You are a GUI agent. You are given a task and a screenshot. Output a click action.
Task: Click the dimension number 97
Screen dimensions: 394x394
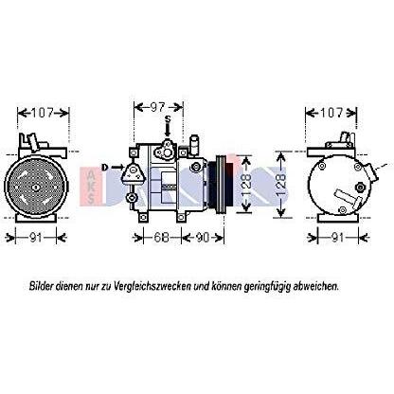(x=157, y=107)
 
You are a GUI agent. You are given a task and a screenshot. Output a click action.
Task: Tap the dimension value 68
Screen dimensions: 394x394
(x=161, y=238)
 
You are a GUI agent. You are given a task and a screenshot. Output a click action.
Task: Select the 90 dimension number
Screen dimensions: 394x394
(x=202, y=238)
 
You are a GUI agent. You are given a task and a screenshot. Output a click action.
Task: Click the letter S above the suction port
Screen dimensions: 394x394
(x=169, y=119)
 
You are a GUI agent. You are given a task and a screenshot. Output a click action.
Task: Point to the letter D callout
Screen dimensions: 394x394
(x=104, y=167)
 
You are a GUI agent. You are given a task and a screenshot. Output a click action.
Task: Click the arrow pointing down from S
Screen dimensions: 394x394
(x=168, y=130)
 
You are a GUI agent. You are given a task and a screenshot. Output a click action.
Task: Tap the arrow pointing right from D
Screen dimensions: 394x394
(x=116, y=167)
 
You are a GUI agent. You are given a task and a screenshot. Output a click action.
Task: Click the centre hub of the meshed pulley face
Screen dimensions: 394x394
(x=35, y=188)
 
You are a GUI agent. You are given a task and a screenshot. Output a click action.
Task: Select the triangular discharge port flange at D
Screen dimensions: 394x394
(x=134, y=173)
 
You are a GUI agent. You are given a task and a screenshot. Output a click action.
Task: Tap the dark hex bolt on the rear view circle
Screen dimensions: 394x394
(x=359, y=188)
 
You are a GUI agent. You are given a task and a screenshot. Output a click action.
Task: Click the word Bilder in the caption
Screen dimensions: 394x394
(x=41, y=286)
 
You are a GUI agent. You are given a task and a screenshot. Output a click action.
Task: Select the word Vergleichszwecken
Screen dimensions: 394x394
(x=152, y=287)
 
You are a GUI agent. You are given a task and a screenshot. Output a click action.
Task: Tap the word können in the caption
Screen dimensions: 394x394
(x=225, y=286)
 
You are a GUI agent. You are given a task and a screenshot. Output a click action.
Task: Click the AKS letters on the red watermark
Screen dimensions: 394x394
(x=91, y=186)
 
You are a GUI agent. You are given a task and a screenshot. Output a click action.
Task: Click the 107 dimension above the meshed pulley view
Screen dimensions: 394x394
(x=43, y=113)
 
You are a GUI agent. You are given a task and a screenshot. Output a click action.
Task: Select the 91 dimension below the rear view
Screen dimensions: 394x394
(x=338, y=238)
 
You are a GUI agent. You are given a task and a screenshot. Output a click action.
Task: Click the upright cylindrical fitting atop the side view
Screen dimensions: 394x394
(x=194, y=145)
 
